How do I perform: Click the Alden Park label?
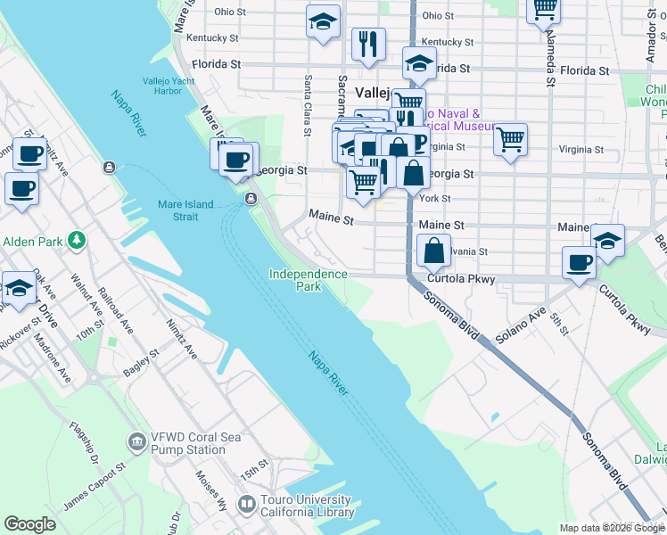[32, 242]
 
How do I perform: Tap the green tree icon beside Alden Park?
[78, 240]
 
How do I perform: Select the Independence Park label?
[308, 280]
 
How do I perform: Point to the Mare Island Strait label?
[185, 210]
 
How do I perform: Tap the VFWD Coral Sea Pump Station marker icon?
[136, 440]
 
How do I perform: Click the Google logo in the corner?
[29, 524]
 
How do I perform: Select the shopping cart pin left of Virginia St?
[510, 139]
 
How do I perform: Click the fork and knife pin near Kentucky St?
[368, 42]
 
